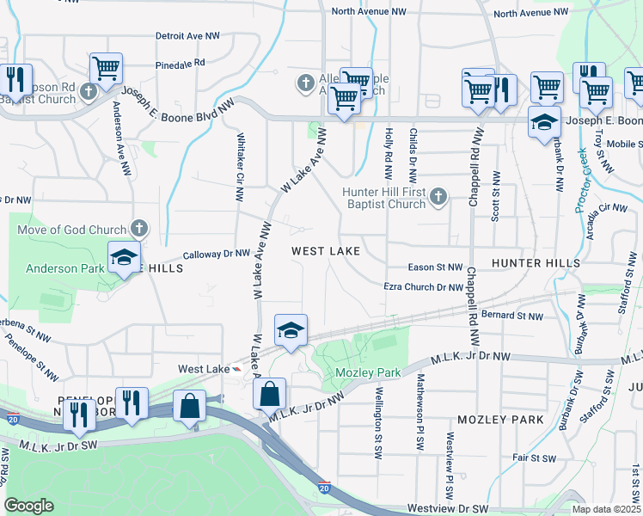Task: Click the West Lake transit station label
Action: point(202,369)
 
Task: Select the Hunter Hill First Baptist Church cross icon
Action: point(438,198)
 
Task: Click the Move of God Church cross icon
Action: point(139,230)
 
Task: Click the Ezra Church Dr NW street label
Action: point(423,287)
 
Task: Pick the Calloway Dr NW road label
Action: point(217,255)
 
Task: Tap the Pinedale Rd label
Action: point(181,64)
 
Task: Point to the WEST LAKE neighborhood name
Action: point(325,251)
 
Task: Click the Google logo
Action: point(29,506)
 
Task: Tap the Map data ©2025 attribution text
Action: point(605,509)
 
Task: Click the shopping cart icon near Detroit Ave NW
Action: point(106,67)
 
